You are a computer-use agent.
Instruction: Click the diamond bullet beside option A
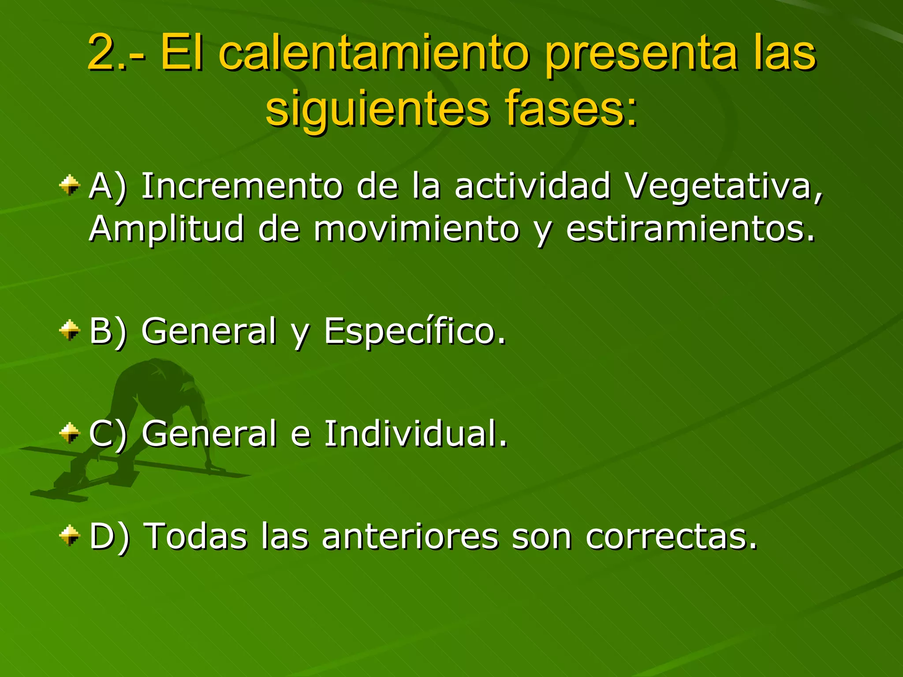click(70, 185)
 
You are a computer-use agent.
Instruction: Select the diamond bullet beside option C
click(70, 432)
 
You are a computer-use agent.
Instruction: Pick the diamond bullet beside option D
click(70, 535)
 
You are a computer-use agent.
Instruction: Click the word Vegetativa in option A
click(723, 186)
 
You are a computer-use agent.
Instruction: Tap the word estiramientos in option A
click(690, 229)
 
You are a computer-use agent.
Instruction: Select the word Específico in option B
click(414, 331)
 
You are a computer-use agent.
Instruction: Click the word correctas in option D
click(671, 536)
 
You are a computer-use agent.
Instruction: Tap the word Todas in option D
click(196, 536)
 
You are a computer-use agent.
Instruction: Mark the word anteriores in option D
click(410, 536)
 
